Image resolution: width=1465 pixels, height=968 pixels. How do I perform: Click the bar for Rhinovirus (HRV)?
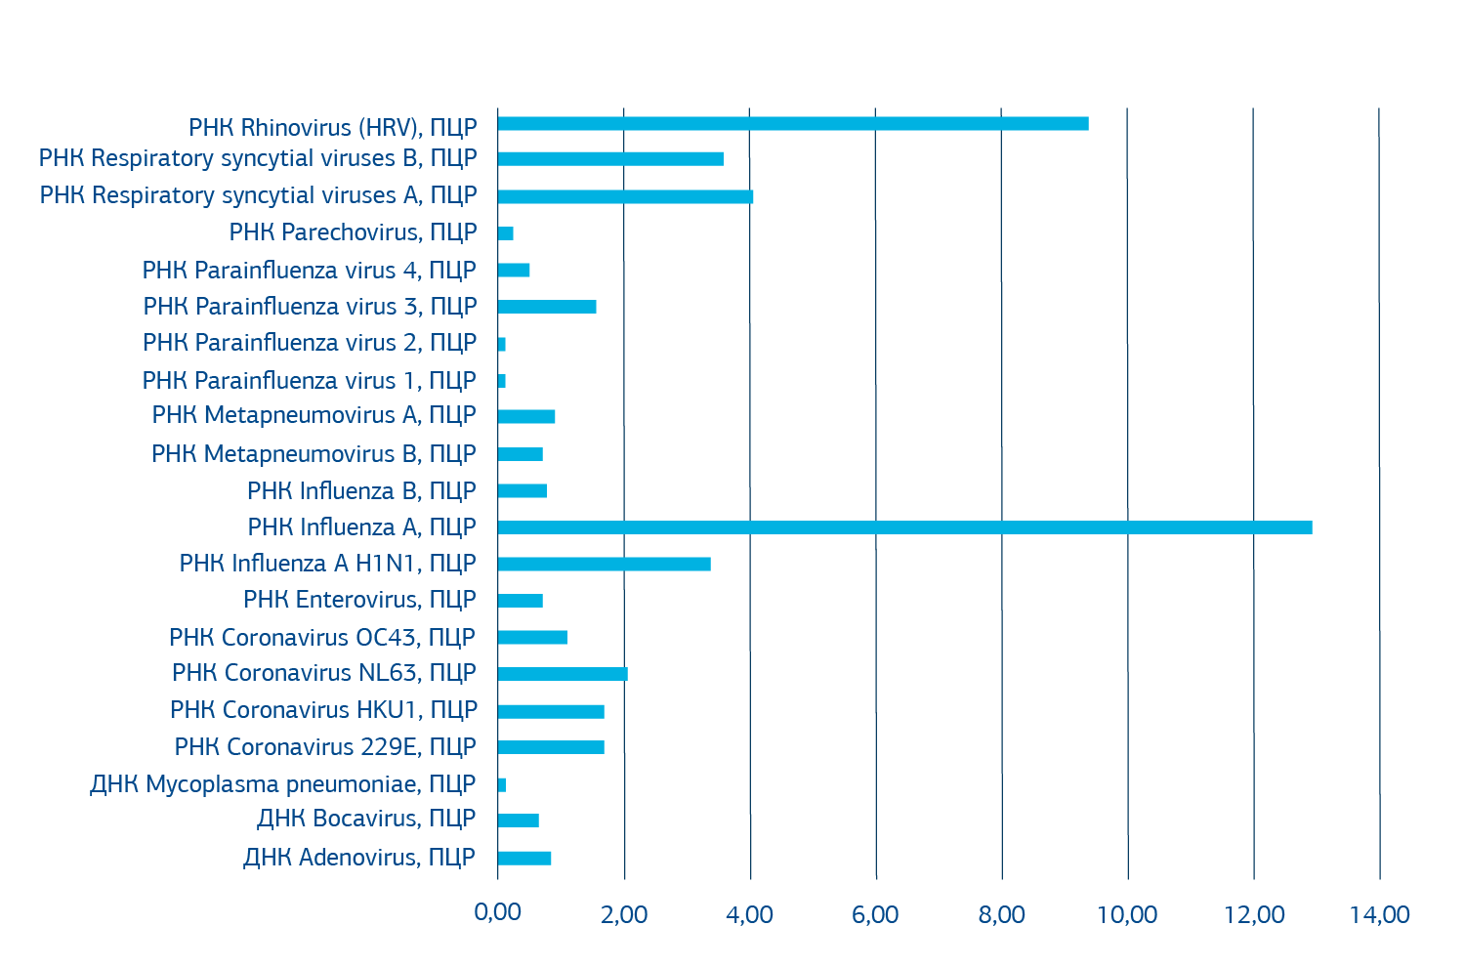coord(792,123)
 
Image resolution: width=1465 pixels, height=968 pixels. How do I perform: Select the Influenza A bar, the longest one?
coord(904,527)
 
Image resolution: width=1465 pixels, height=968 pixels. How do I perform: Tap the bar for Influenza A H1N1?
coord(604,564)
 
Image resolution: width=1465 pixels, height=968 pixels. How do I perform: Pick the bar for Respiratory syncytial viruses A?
coord(625,196)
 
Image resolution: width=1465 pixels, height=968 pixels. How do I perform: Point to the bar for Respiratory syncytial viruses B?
coord(610,159)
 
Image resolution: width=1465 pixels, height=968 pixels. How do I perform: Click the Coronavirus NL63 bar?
coord(563,674)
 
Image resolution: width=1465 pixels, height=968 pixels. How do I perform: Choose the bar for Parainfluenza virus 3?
coord(547,307)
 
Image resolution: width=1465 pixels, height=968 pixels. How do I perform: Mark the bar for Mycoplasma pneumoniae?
coord(502,785)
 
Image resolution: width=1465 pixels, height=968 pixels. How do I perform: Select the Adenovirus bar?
coord(524,859)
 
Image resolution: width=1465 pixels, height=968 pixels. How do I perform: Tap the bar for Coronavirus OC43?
coord(532,638)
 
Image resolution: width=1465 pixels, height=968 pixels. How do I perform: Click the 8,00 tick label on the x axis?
coord(1002,915)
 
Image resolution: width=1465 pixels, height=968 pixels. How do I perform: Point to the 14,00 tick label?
coord(1380,915)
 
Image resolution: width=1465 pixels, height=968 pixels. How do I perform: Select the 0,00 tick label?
coord(498,913)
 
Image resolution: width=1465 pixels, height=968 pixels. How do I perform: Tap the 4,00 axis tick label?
coord(750,915)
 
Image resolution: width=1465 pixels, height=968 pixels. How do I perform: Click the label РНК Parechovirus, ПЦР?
coord(353,232)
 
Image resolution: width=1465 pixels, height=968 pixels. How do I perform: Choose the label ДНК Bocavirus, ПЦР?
coord(366,819)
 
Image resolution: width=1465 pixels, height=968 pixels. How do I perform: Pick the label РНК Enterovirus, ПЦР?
coord(359,600)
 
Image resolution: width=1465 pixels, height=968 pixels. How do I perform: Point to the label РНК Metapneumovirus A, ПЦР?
coord(314,415)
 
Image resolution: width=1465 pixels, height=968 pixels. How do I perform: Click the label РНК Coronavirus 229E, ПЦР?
coord(325,747)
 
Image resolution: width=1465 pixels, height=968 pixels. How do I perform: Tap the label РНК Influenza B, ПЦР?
coord(361,490)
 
